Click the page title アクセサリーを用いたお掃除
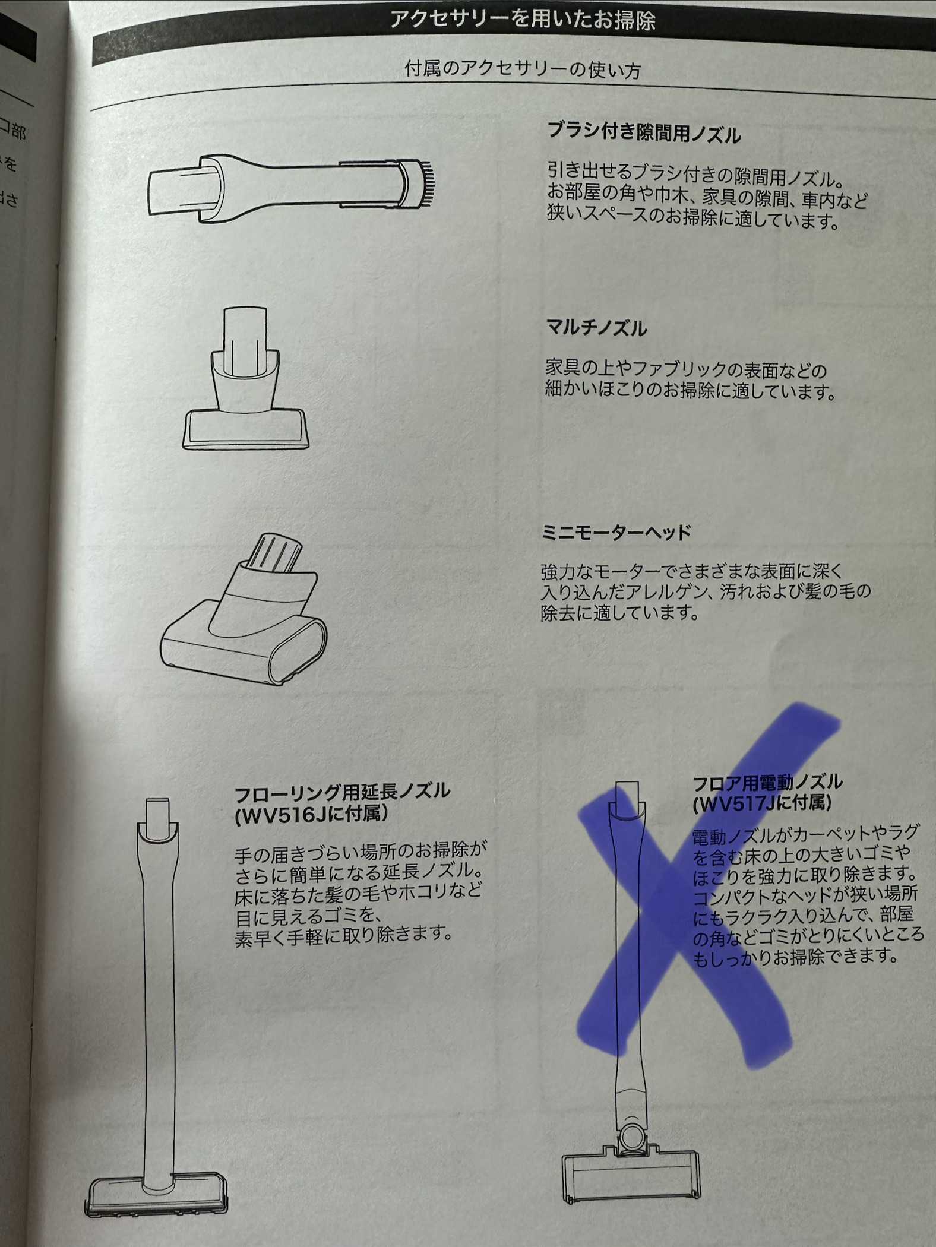(x=523, y=20)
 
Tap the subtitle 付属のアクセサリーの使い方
(x=523, y=69)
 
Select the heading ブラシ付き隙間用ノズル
(x=644, y=132)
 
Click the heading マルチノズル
(x=596, y=327)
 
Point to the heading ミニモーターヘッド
(x=616, y=531)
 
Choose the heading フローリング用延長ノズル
(x=342, y=792)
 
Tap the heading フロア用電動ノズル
(x=767, y=783)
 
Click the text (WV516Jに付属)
(x=311, y=814)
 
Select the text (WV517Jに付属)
(x=762, y=803)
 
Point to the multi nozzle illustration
(x=245, y=378)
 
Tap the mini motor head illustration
(x=244, y=609)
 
